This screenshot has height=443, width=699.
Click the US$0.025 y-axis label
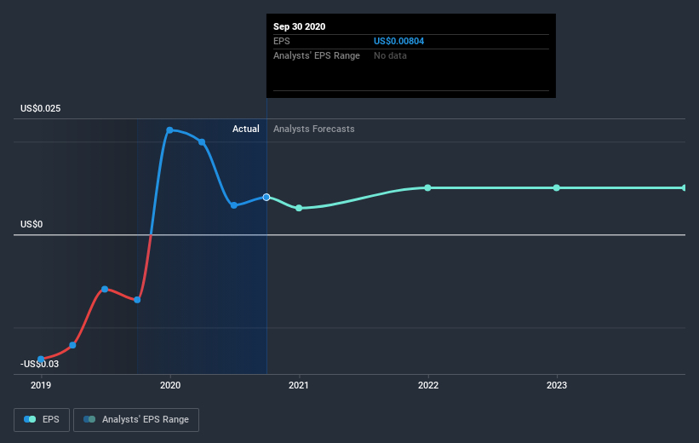pyautogui.click(x=41, y=109)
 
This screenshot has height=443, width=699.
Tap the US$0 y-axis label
pyautogui.click(x=32, y=225)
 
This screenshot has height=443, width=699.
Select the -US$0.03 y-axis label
pyautogui.click(x=39, y=365)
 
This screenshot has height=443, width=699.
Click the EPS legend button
pyautogui.click(x=42, y=419)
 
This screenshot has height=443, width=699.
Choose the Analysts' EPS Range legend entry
pyautogui.click(x=136, y=419)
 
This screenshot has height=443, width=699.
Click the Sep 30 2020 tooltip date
pyautogui.click(x=299, y=26)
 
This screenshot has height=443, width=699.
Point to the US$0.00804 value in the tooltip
pyautogui.click(x=398, y=41)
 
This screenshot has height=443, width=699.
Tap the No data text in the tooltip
pyautogui.click(x=390, y=55)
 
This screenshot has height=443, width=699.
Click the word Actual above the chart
pyautogui.click(x=246, y=129)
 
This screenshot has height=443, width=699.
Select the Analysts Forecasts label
pyautogui.click(x=314, y=129)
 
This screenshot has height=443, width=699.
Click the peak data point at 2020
pyautogui.click(x=170, y=130)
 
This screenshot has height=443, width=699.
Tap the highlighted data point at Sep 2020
pyautogui.click(x=266, y=197)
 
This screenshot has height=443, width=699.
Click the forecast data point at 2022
pyautogui.click(x=427, y=187)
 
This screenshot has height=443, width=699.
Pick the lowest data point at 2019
pyautogui.click(x=41, y=360)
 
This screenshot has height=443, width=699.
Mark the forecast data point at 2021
pyautogui.click(x=299, y=208)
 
